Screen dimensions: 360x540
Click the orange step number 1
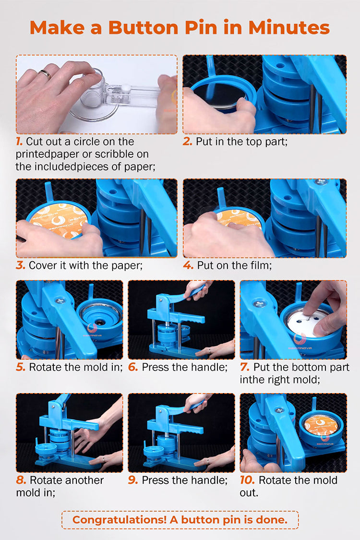coord(19,141)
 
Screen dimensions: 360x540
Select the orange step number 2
coord(187,141)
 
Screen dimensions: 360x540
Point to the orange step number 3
coord(20,265)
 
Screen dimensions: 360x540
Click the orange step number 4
coord(188,265)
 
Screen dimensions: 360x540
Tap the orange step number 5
coord(20,367)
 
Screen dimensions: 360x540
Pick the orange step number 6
coord(132,367)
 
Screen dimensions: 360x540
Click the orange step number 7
coord(244,367)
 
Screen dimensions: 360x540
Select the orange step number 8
coord(21,480)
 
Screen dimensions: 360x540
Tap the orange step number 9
coord(132,480)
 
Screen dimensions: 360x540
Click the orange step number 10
coord(247,480)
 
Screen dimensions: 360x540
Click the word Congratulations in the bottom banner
coord(120,520)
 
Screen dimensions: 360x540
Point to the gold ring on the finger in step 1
coord(45,74)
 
